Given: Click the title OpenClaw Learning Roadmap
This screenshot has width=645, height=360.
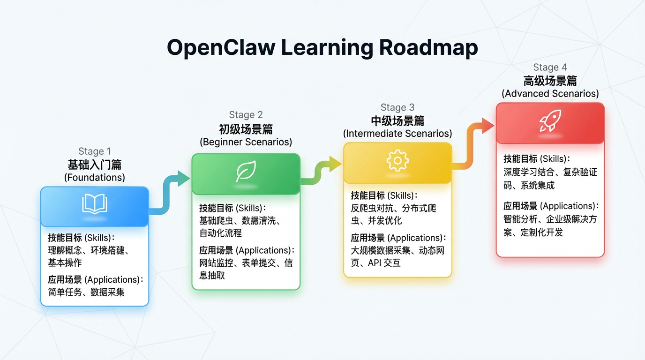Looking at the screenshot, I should click(322, 47).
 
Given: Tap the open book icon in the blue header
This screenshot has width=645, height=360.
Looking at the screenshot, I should click(95, 204).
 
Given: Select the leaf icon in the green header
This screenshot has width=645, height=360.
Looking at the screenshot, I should click(246, 172).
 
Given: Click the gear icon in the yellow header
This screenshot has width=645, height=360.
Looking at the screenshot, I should click(397, 161).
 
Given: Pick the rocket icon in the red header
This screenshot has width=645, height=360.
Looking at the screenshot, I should click(550, 121).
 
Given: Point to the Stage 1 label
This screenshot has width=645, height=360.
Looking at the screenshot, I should click(95, 151).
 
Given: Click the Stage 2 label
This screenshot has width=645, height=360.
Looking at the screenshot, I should click(246, 115).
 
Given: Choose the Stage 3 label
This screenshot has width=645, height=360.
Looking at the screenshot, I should click(397, 108).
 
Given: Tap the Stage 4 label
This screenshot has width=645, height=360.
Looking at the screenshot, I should click(550, 67).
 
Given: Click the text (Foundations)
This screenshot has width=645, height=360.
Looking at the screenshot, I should click(95, 178).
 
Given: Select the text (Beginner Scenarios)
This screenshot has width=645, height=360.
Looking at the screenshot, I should click(246, 142).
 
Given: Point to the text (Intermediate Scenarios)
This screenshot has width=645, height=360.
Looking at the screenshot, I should click(397, 134).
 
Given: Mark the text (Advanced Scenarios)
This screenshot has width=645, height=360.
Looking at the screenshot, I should click(550, 94).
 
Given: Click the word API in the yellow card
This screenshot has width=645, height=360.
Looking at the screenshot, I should click(375, 263).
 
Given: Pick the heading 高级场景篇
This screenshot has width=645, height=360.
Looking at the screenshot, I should click(550, 81).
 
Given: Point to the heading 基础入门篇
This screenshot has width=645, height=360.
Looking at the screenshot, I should click(95, 165).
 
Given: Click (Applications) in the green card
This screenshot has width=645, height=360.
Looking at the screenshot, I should click(263, 250).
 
